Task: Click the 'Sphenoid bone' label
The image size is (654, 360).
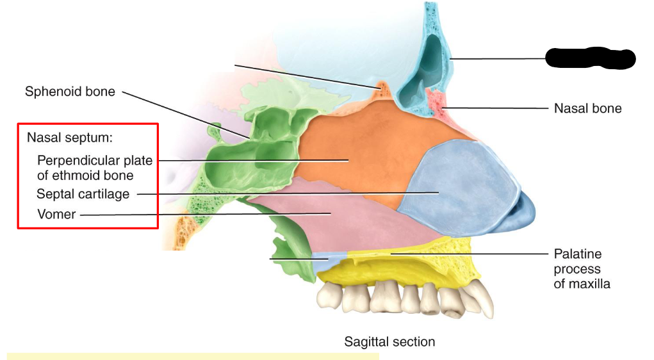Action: coord(70,92)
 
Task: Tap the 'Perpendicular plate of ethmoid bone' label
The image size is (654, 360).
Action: coord(94,167)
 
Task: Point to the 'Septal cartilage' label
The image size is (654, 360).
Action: coord(83,193)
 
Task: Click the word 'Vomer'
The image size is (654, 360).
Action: coord(56,215)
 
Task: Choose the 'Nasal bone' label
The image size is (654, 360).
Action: coord(587,108)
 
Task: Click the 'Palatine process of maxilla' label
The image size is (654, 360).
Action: coord(582,268)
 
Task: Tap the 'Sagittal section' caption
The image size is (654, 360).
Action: coord(389,341)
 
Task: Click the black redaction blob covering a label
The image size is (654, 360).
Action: coord(589,58)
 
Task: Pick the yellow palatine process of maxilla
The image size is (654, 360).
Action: coord(410,263)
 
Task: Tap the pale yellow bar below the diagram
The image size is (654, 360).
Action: coord(192,356)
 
